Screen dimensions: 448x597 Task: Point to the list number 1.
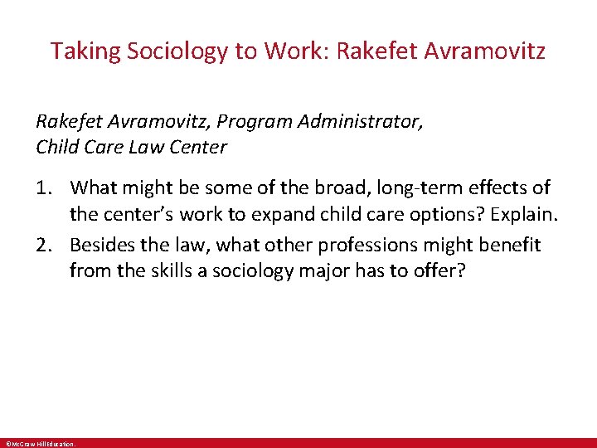pyautogui.click(x=43, y=188)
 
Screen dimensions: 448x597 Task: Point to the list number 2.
pyautogui.click(x=43, y=245)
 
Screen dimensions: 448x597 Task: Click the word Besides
pyautogui.click(x=102, y=245)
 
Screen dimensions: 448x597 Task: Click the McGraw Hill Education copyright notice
pyautogui.click(x=40, y=444)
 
